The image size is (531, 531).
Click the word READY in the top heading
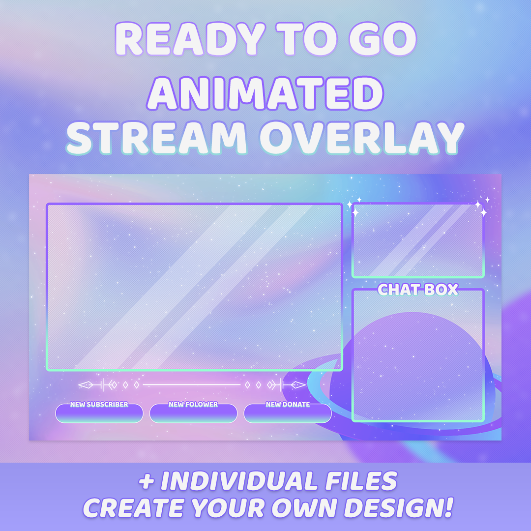[x=190, y=39]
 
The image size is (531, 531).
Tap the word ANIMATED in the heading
[x=265, y=93]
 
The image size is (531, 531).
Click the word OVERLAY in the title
[x=362, y=138]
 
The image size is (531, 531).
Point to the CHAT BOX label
[x=418, y=290]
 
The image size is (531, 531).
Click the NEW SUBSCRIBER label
[x=99, y=404]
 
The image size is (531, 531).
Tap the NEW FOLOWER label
[x=193, y=404]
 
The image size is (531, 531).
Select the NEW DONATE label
[x=288, y=404]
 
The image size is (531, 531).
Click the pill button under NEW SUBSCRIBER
[x=99, y=414]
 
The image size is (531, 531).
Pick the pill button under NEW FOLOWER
[x=193, y=414]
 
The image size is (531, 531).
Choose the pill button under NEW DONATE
[x=288, y=414]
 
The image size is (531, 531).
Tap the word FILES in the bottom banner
[x=361, y=481]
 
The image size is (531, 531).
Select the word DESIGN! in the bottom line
[x=401, y=508]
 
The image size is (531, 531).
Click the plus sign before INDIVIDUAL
[x=147, y=481]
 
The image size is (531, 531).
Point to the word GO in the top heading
[x=383, y=39]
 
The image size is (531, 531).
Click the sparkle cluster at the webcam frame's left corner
[x=354, y=206]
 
